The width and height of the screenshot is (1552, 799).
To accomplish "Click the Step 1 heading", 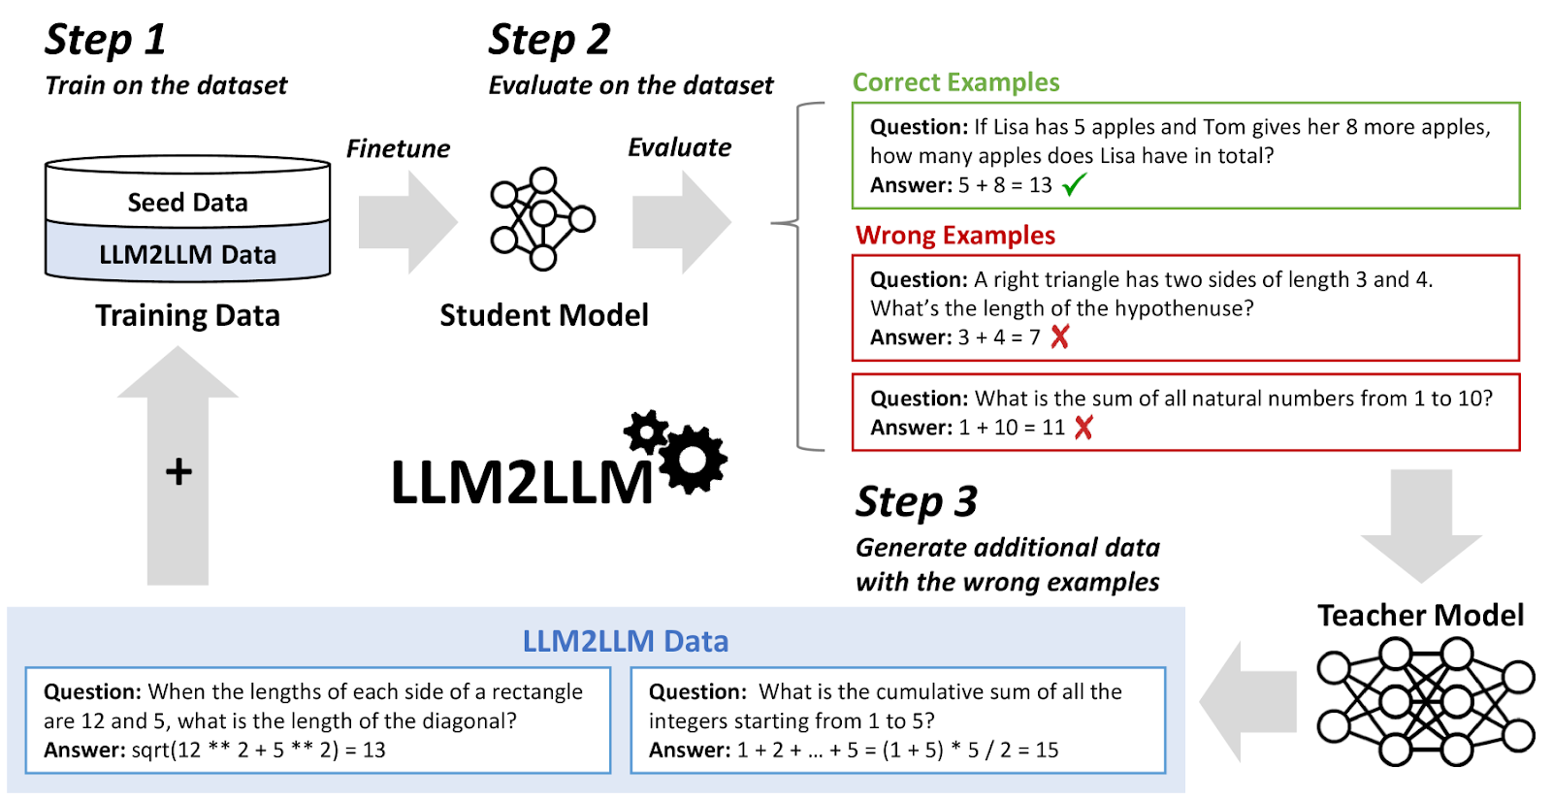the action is click(106, 40).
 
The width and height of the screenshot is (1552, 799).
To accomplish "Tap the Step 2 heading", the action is click(549, 40).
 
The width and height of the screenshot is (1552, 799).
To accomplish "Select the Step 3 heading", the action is click(917, 502).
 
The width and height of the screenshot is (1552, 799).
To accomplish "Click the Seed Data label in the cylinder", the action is click(187, 202).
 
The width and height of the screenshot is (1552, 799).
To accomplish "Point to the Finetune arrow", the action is click(408, 222).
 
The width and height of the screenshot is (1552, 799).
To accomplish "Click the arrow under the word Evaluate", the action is click(682, 222).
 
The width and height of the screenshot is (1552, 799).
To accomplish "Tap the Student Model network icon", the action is click(542, 219).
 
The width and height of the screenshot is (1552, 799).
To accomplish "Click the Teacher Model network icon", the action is click(1426, 701).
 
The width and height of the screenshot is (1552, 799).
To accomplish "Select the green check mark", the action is click(1074, 185).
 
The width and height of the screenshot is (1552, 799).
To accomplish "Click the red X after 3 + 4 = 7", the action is click(1060, 337).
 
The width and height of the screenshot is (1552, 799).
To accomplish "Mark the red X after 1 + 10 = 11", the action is click(1083, 428).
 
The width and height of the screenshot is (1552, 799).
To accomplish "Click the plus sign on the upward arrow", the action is click(178, 473).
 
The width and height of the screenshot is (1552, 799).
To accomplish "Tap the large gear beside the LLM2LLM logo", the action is click(693, 460).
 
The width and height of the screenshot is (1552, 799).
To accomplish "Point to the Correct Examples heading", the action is click(955, 82).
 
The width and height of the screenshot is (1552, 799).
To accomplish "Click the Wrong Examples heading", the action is click(954, 236).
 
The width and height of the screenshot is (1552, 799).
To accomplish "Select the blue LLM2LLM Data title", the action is click(625, 641).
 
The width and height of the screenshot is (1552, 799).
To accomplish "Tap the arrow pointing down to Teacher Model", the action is click(1421, 527).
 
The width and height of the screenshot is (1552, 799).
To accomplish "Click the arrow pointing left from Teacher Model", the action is click(1247, 701).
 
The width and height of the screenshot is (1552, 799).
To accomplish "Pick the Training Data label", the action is click(188, 316).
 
